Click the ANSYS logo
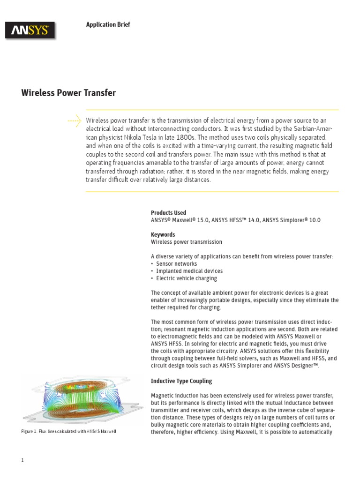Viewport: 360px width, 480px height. (x=30, y=31)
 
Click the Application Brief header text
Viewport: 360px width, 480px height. (x=108, y=24)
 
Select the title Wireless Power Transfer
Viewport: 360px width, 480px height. (x=68, y=93)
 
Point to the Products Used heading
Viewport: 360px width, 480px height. (x=168, y=212)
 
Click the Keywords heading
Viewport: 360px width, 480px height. (x=163, y=234)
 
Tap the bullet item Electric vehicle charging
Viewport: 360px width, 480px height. (x=187, y=278)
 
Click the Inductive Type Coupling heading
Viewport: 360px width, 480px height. (x=181, y=381)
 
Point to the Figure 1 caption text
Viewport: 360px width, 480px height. (x=68, y=431)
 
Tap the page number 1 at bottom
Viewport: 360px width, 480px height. (x=22, y=460)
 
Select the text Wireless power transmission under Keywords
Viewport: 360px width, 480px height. (x=187, y=242)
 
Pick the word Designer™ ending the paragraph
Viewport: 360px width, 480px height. (x=304, y=366)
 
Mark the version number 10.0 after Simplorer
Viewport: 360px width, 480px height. (x=314, y=220)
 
